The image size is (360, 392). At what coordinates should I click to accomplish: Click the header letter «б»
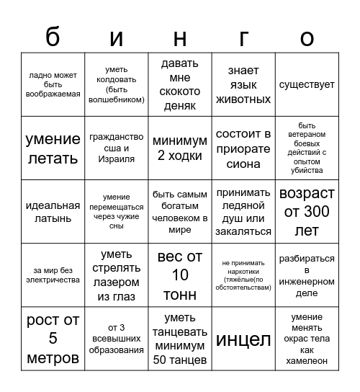click(x=53, y=37)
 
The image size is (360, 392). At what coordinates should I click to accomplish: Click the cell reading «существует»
click(x=307, y=85)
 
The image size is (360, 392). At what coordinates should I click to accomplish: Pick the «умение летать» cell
click(x=53, y=148)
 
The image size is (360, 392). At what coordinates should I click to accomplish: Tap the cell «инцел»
click(x=243, y=339)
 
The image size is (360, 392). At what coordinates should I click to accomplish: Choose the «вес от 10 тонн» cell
click(x=180, y=275)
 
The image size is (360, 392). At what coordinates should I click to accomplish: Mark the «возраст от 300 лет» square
click(x=307, y=212)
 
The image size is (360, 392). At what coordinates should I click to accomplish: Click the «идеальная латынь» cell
click(x=53, y=212)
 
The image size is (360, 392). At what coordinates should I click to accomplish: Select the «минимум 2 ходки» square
click(x=180, y=148)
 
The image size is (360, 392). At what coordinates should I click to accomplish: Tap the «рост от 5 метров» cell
click(x=53, y=339)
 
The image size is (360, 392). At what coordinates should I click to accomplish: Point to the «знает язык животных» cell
click(x=243, y=85)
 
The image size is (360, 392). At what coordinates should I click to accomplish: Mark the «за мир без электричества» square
click(x=53, y=275)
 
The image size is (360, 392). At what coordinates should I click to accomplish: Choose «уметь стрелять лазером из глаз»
click(x=116, y=275)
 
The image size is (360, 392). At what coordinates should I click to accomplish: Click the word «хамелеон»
click(x=307, y=360)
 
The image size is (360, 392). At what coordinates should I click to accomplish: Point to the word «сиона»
click(x=243, y=164)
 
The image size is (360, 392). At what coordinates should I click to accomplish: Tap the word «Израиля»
click(x=116, y=159)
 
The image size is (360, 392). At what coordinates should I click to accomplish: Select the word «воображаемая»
click(x=53, y=94)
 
